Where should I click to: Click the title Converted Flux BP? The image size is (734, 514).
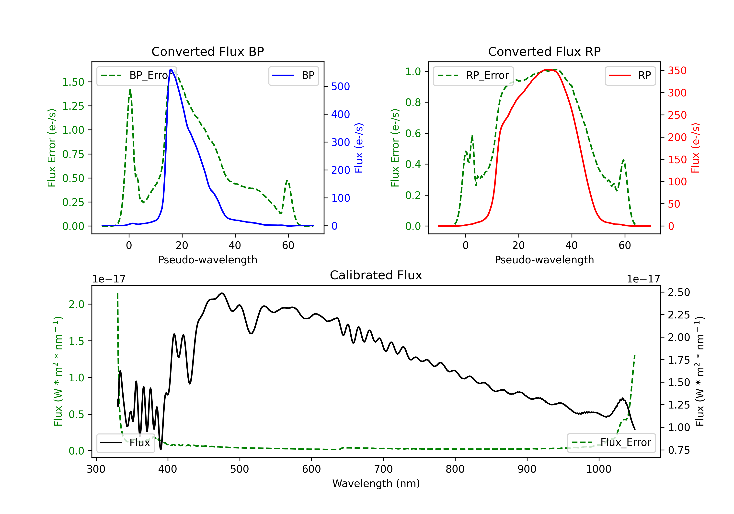click(207, 51)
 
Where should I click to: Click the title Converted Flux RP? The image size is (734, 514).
click(544, 51)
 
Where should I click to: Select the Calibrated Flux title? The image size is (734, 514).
click(376, 275)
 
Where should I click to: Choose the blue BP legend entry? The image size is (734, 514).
click(293, 75)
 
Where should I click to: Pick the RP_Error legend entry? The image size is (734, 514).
click(473, 75)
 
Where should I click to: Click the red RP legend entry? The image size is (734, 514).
click(630, 75)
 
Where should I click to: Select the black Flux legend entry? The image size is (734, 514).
click(125, 443)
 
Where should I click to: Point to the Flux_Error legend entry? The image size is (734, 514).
click(611, 443)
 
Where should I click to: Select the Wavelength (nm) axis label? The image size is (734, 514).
click(376, 484)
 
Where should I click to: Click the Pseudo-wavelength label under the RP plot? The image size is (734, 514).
click(544, 260)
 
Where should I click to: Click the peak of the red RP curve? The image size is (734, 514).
click(547, 70)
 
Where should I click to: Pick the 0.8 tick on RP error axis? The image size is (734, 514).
click(413, 102)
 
